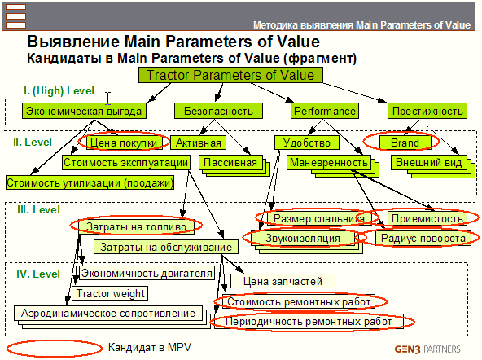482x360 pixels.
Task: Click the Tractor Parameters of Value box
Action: click(230, 75)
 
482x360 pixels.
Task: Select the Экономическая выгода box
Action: click(84, 111)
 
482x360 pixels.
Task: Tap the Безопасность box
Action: click(218, 111)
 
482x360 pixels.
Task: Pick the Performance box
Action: click(325, 111)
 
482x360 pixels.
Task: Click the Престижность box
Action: click(427, 111)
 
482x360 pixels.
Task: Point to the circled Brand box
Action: click(405, 143)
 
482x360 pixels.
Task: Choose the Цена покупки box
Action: click(124, 143)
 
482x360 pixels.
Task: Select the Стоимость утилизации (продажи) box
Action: click(90, 182)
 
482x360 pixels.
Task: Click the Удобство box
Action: click(307, 143)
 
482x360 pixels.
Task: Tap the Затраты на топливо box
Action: click(136, 226)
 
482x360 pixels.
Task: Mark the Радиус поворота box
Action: click(423, 239)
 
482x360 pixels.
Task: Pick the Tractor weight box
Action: click(110, 293)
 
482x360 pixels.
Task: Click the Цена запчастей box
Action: click(283, 281)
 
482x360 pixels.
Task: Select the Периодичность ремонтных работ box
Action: click(309, 322)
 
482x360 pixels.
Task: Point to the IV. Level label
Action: click(38, 274)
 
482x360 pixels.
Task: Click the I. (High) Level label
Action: click(59, 90)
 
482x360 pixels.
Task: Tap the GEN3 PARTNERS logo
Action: click(427, 349)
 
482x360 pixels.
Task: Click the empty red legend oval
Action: click(55, 349)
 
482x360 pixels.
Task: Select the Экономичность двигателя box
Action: click(147, 273)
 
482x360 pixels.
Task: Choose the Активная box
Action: click(199, 143)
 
